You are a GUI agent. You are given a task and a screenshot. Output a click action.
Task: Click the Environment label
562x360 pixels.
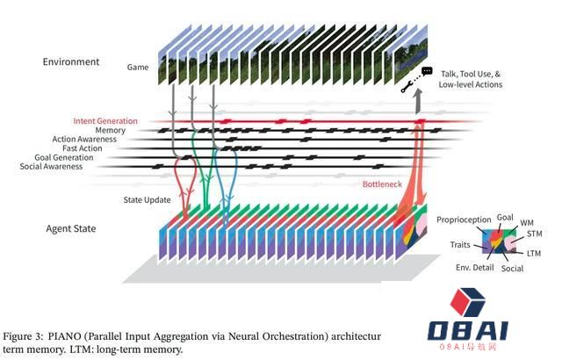(71, 62)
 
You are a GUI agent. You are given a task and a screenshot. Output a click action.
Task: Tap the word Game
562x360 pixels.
(139, 66)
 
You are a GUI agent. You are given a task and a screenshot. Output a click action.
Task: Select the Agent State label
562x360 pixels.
(71, 229)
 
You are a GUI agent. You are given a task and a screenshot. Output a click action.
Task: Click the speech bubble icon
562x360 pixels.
(428, 70)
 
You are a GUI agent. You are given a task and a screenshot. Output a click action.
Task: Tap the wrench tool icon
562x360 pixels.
(407, 86)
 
